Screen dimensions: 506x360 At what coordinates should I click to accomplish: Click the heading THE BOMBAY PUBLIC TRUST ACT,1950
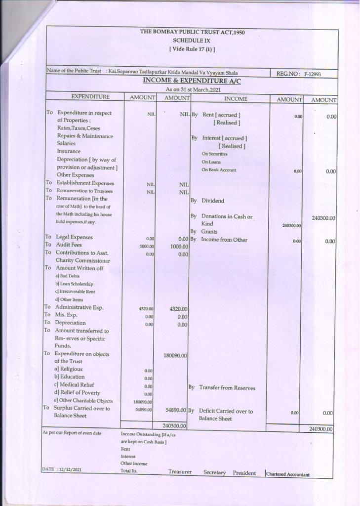tap(192, 33)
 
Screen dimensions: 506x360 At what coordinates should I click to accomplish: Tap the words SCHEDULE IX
tap(192, 41)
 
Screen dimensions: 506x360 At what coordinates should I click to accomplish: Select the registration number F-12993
tap(312, 74)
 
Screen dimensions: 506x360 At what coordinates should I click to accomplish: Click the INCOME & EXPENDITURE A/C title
tap(192, 81)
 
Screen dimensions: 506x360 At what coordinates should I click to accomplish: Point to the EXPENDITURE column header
tap(90, 97)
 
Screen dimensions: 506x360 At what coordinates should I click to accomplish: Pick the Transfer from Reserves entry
tap(227, 388)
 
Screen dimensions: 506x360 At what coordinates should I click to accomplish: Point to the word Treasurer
tap(180, 472)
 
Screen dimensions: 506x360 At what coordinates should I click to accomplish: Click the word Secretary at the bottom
tap(214, 473)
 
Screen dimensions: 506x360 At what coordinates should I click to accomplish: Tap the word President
tap(244, 473)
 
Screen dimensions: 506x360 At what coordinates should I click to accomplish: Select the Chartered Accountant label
tap(287, 475)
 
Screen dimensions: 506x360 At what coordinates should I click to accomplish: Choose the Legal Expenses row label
tap(74, 237)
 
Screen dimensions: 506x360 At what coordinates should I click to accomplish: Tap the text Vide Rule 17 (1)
tap(192, 49)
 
